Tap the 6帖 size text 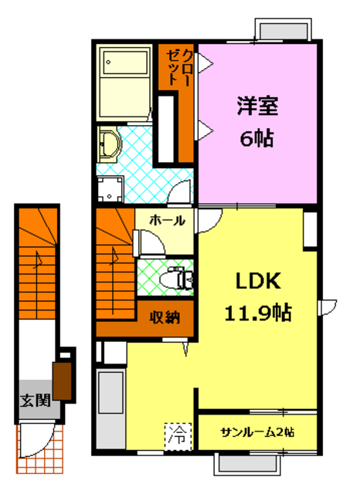click(257, 140)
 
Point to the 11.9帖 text click(257, 313)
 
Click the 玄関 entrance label click(36, 401)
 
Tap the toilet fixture click(178, 279)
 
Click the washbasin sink click(110, 142)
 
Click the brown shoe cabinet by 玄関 click(63, 379)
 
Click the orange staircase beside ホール click(114, 270)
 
